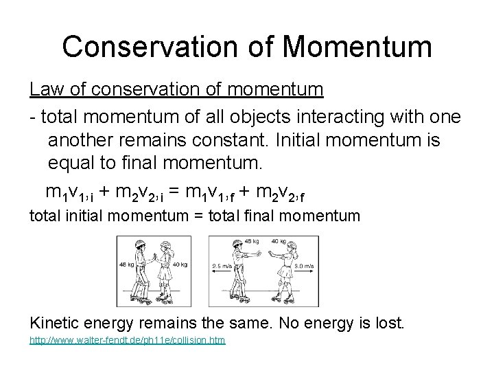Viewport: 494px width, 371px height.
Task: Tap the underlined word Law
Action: click(44, 89)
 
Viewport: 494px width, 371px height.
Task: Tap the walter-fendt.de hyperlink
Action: click(127, 341)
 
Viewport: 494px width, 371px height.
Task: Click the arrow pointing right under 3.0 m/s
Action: click(303, 272)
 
